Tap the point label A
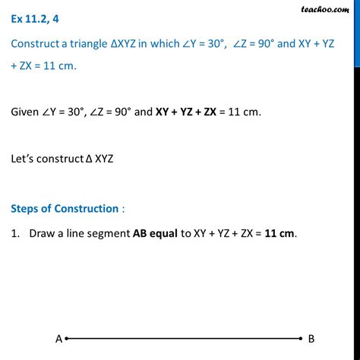point(58,339)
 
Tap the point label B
point(311,339)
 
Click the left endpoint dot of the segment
point(68,339)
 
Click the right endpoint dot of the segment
point(301,339)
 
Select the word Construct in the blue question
point(36,45)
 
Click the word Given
point(27,112)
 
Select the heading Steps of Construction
point(65,208)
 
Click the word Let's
point(24,160)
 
